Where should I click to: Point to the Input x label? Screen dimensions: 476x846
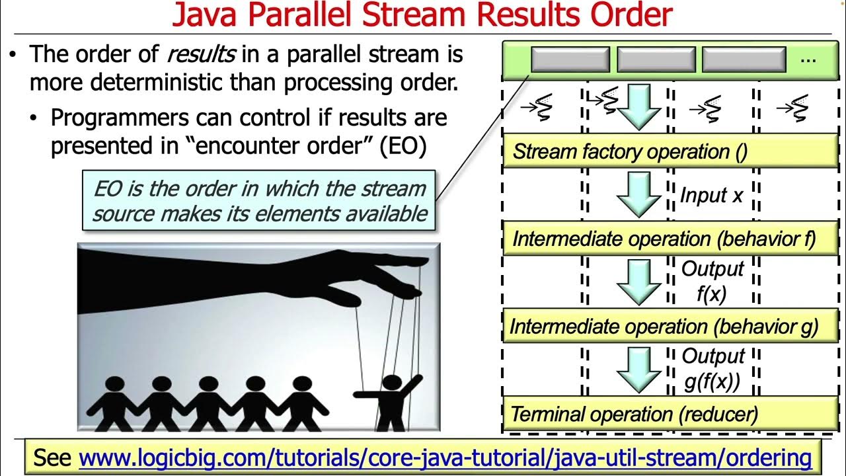tap(711, 196)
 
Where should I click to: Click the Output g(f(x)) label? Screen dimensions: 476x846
tap(712, 369)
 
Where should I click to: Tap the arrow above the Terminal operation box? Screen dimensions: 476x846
tap(638, 370)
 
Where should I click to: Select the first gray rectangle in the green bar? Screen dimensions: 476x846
tap(570, 59)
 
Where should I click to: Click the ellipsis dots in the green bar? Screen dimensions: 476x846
tap(808, 59)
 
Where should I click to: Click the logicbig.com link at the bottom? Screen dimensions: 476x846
tap(445, 457)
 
